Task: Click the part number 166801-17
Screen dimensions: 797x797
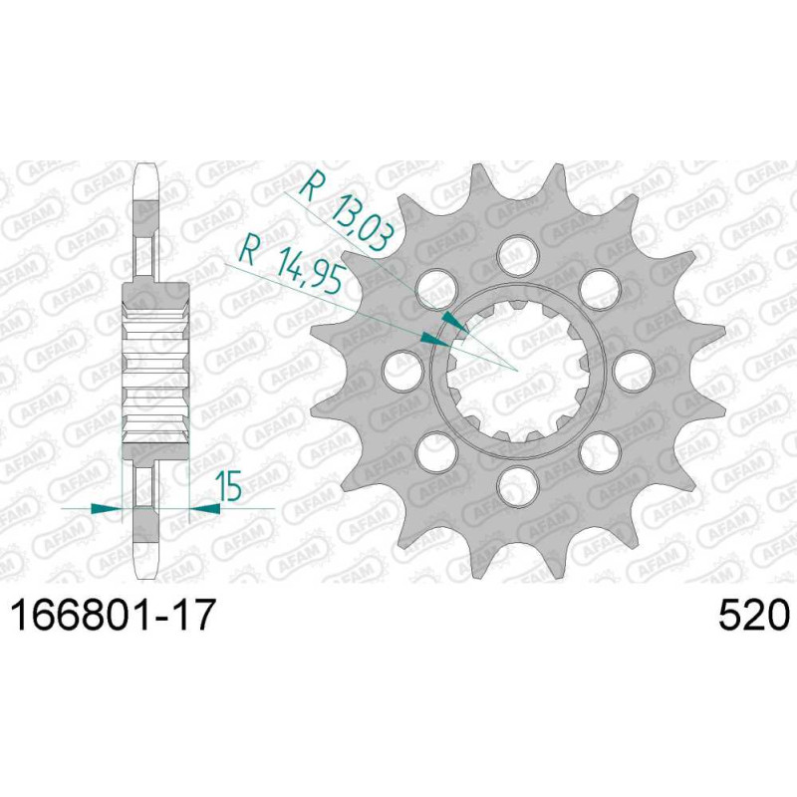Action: click(114, 615)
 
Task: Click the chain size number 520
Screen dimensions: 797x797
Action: click(754, 615)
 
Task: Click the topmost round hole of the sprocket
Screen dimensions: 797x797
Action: click(518, 256)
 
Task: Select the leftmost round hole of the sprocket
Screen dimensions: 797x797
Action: click(403, 371)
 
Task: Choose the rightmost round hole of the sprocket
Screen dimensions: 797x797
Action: click(634, 371)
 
